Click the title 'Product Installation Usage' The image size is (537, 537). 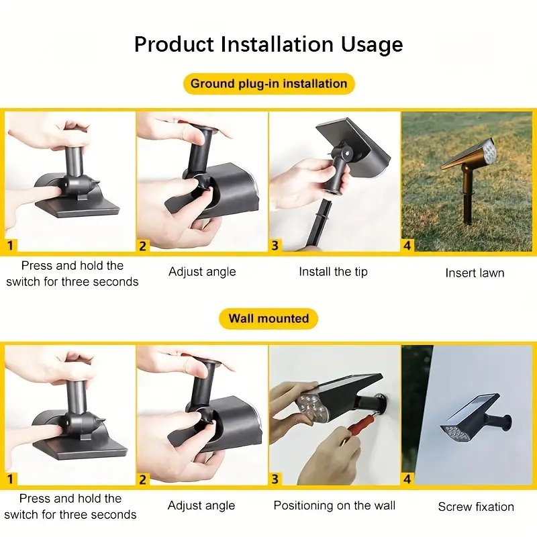(268, 44)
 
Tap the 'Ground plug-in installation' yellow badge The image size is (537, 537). (269, 83)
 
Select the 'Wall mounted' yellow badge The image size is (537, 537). (268, 318)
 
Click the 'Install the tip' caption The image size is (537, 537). (333, 272)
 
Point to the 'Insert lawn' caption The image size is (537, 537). (475, 273)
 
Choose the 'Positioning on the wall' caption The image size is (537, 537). (334, 505)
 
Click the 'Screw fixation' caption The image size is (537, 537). (476, 507)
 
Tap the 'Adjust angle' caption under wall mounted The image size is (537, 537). (201, 505)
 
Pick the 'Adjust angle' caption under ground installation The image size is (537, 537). (202, 272)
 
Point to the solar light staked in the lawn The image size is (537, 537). (468, 178)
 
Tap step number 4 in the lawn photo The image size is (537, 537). (407, 246)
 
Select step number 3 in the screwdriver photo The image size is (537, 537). (275, 479)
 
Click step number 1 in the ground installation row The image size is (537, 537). (10, 246)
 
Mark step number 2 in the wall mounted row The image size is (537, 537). (142, 479)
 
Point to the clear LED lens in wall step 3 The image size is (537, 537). (311, 407)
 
